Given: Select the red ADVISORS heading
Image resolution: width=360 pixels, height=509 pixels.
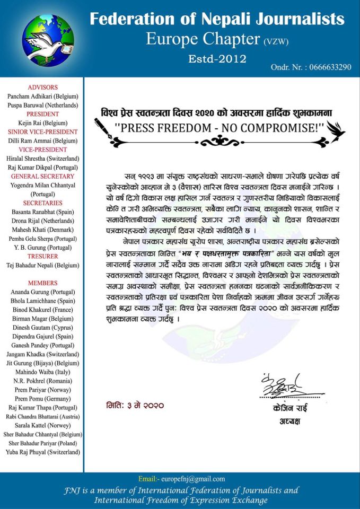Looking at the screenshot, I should click(43, 87).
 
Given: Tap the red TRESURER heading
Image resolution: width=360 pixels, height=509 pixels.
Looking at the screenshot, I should click(43, 256).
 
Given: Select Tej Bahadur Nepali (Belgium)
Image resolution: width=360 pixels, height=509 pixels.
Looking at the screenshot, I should click(43, 265).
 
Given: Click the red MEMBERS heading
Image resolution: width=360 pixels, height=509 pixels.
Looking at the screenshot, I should click(43, 283).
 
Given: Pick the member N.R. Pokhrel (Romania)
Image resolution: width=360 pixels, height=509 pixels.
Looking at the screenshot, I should click(43, 381).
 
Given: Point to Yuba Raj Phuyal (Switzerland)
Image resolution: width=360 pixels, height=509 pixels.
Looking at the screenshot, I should click(43, 452).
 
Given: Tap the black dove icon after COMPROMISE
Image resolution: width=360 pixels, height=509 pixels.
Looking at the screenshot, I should click(336, 129).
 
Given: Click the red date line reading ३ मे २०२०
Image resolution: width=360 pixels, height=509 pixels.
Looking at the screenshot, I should click(135, 406).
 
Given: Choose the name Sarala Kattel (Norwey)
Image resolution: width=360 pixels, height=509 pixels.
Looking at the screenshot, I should click(43, 425).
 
